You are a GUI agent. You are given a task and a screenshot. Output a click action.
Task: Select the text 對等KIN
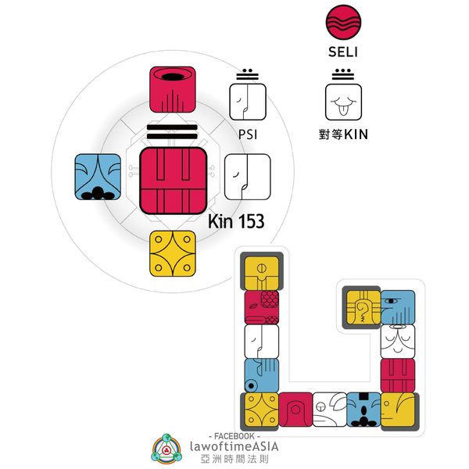click(x=345, y=134)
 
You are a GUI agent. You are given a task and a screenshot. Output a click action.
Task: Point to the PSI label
click(x=247, y=134)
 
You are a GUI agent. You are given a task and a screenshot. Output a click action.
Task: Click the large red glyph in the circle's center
click(x=173, y=180)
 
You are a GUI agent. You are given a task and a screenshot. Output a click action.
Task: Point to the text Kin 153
click(x=235, y=222)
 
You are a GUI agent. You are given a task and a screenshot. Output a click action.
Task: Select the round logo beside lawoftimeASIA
click(x=167, y=449)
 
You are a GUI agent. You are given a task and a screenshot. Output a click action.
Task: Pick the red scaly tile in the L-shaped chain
click(x=261, y=308)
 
